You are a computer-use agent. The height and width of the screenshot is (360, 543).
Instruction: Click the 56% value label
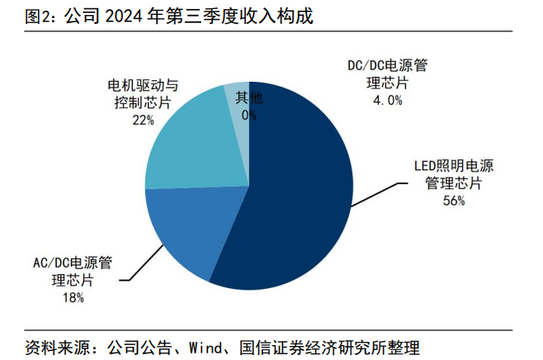(453, 201)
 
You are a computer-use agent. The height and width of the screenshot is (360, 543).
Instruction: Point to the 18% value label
(73, 298)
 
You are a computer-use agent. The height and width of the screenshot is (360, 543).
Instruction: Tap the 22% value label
(143, 121)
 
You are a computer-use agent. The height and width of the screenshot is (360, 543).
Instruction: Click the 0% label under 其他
(248, 116)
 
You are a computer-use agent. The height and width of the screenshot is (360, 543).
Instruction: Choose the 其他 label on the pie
(248, 98)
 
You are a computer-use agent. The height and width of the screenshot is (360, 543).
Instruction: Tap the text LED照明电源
(453, 165)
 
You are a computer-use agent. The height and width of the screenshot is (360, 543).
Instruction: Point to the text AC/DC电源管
(73, 263)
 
